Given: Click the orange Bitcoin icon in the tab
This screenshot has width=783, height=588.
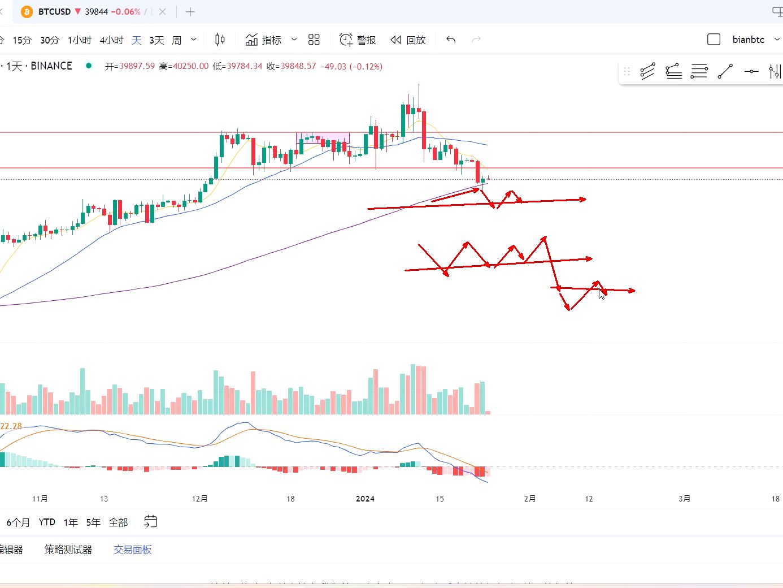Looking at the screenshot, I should click(27, 12).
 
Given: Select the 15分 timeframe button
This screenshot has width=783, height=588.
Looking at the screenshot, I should click(22, 40).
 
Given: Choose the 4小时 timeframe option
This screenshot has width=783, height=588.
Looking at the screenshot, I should click(111, 40).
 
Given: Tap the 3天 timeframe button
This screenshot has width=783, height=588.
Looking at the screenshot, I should click(156, 40).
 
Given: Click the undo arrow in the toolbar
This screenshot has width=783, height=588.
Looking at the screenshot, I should click(451, 40).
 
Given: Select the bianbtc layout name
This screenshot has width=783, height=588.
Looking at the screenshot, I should click(748, 40).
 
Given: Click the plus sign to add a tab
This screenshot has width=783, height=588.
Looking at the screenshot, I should click(190, 12).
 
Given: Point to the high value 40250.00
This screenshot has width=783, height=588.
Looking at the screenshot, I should click(190, 66).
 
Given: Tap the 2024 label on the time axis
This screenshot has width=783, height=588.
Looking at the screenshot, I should click(365, 499).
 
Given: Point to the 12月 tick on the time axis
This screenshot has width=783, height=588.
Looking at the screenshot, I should click(199, 499).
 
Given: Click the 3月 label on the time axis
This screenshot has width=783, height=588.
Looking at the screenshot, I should click(684, 499).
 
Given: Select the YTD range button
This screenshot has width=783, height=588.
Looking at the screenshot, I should click(47, 522).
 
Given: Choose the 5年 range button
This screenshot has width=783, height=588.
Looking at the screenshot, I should click(93, 522).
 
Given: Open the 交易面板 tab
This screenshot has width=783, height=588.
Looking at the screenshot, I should click(133, 550).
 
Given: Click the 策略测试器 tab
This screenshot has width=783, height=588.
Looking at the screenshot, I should click(68, 550).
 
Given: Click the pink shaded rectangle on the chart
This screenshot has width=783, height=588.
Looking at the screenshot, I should click(323, 137).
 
